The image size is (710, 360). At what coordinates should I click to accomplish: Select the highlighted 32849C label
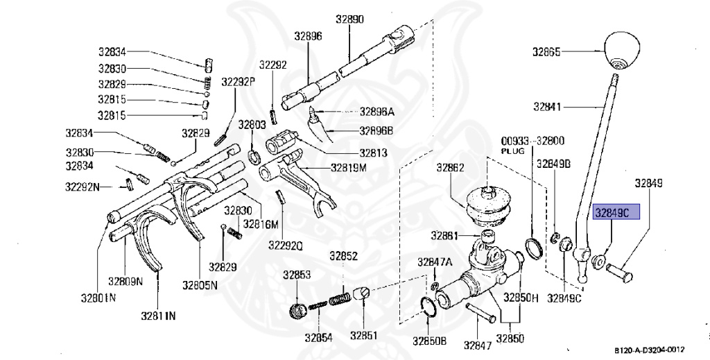click(x=616, y=214)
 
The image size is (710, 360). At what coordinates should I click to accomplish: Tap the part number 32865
click(x=546, y=51)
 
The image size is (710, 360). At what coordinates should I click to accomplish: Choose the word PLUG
click(x=514, y=150)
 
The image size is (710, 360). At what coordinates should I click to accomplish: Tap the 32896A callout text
click(x=376, y=111)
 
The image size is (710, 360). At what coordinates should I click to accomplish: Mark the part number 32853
click(x=296, y=275)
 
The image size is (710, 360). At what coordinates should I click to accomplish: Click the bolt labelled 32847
click(x=479, y=313)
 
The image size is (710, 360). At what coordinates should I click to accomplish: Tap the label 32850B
click(x=430, y=341)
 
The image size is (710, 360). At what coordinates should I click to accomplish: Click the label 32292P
click(x=239, y=81)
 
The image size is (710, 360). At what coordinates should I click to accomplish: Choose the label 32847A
click(x=434, y=262)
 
